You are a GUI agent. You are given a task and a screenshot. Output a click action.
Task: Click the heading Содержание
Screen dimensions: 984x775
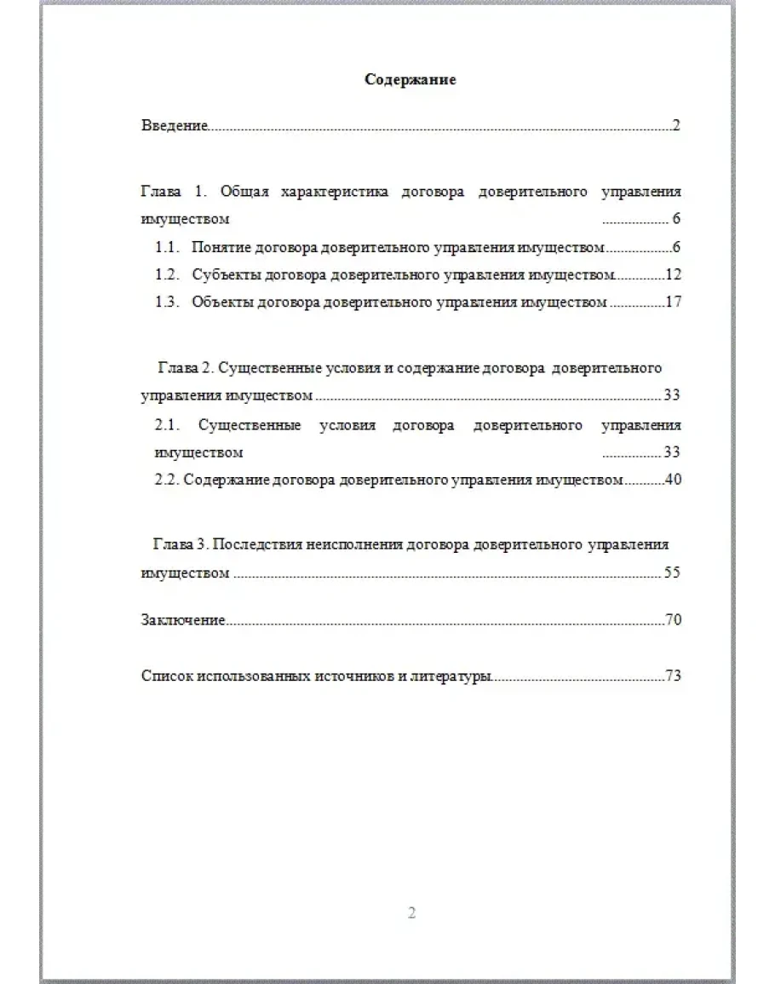click(x=410, y=80)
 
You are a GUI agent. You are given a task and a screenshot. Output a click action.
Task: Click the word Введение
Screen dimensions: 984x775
click(x=174, y=126)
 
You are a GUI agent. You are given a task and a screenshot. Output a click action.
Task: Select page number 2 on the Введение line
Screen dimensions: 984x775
click(x=676, y=126)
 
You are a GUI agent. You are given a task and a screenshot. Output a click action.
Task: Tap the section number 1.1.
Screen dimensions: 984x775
click(x=167, y=248)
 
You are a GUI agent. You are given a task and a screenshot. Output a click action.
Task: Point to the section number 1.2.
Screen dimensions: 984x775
click(x=167, y=275)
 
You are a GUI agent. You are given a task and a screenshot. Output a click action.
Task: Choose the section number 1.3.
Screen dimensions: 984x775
click(x=167, y=302)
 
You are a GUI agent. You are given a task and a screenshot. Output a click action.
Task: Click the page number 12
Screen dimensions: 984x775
click(x=673, y=275)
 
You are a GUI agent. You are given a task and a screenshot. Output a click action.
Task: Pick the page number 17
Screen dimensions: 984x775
click(x=673, y=302)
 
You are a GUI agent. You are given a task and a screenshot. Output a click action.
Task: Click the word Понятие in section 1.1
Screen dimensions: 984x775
click(x=217, y=248)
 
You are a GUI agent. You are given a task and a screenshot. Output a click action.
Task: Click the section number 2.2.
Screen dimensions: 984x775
click(x=166, y=480)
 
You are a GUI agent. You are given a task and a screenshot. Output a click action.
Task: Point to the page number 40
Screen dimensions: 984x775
click(x=673, y=480)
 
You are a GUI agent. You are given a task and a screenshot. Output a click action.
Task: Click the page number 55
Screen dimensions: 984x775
click(x=672, y=573)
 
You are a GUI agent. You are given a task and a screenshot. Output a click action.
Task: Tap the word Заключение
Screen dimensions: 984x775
click(x=182, y=620)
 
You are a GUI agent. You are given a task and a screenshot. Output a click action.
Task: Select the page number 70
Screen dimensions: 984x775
click(x=673, y=620)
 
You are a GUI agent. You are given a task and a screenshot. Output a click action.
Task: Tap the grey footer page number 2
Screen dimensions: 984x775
click(x=411, y=914)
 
